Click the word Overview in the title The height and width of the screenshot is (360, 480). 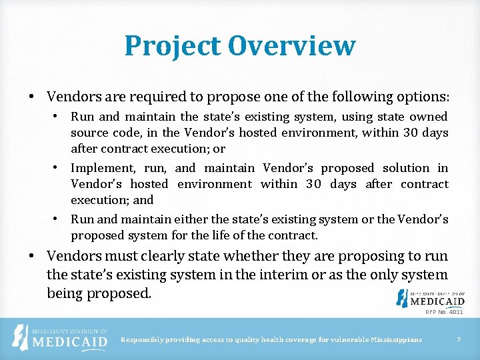[292, 46]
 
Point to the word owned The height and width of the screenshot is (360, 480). [428, 117]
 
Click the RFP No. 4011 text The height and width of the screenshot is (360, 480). [444, 311]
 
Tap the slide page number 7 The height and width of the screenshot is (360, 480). [459, 340]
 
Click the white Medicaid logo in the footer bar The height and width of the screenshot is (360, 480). [61, 338]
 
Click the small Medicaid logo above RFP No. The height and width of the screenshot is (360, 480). [430, 298]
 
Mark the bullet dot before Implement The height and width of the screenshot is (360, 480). [58, 168]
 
